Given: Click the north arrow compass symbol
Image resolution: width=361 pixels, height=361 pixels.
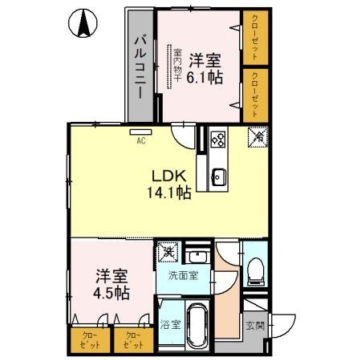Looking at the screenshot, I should coord(83,24).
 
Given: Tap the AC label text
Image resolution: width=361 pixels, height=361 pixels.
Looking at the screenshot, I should coord(140,141).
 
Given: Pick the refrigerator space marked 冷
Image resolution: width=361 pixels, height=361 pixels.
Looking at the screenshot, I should coord(258,138).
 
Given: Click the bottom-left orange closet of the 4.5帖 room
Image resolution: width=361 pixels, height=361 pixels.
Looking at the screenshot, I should coord(86,340).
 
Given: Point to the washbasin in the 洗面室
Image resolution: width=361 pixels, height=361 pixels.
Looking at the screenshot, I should coord(197,257).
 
